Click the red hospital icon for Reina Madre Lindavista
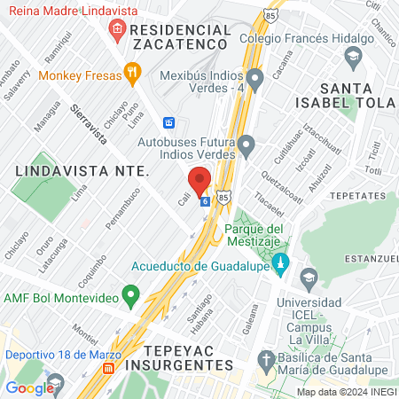pos(117,31)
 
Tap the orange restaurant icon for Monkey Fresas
pos(131,72)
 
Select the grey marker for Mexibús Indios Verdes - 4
pos(255,81)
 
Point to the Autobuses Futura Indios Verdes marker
pos(247,142)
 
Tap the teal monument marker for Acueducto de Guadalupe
pos(281,262)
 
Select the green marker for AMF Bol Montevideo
pos(131,293)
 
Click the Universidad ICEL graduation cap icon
pos(308,278)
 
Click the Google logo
pos(29,387)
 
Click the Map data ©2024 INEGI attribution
pos(345,391)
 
